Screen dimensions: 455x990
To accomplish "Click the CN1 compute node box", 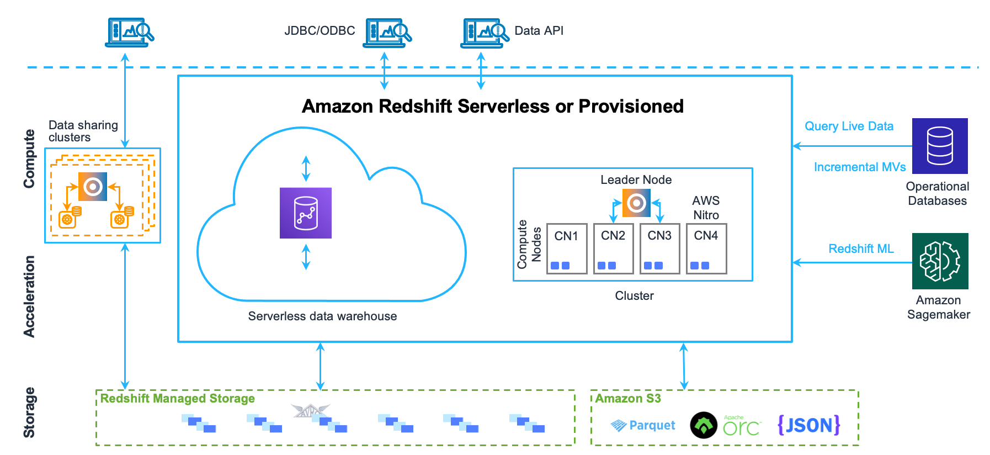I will point(566,248).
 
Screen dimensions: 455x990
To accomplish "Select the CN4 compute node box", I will point(706,248).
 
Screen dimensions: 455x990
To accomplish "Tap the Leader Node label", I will point(636,180).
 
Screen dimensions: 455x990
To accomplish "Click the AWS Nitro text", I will point(706,208).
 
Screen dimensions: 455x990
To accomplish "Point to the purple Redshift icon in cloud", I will point(305,213).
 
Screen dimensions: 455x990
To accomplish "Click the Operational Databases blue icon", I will point(939,146).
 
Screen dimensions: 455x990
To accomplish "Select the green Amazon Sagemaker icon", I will point(939,261).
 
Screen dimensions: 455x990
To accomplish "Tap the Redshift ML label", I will point(860,249).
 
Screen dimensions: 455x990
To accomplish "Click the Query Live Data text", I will point(848,126).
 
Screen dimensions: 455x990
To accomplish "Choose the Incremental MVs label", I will point(859,167).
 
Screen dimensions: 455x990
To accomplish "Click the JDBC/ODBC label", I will point(320,31).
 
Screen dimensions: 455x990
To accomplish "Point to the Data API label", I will point(539,31).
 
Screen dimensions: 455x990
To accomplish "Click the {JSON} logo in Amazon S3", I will point(808,425).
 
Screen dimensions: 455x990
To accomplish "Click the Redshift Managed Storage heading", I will point(177,399).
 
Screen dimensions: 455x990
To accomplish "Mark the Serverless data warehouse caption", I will point(322,316).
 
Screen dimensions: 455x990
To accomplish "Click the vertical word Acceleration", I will point(29,297).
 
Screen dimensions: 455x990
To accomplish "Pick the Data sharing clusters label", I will point(83,131).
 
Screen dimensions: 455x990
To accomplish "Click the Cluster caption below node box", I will point(634,296).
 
